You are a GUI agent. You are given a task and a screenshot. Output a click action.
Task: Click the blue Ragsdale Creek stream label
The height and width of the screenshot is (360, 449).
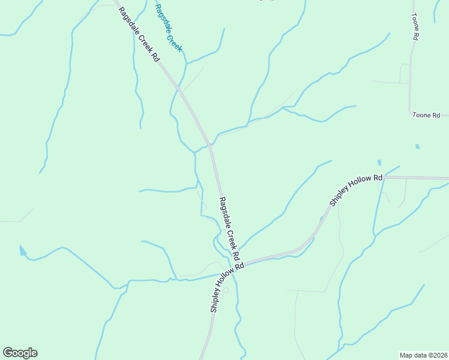[x=168, y=28]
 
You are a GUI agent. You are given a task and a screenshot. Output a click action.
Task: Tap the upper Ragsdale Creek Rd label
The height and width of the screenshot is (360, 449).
[x=139, y=34]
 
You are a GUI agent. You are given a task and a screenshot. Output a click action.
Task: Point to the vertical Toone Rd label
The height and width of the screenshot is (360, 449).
[x=415, y=26]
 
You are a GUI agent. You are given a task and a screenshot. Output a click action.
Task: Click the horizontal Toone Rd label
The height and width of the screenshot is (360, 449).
[x=427, y=115]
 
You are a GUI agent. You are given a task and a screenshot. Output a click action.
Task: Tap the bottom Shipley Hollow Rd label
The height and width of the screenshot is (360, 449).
[x=227, y=287]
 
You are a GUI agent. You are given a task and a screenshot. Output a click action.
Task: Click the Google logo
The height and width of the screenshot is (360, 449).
[x=20, y=353]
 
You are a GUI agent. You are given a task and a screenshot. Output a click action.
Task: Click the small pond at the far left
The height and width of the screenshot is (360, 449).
[x=22, y=250]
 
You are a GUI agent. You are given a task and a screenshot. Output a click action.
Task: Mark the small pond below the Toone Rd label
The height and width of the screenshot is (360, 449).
[x=417, y=146]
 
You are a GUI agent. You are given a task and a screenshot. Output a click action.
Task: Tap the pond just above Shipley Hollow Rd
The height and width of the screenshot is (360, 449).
[x=379, y=162]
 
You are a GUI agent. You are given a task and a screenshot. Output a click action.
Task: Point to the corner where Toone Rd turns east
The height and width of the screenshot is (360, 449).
[x=410, y=111]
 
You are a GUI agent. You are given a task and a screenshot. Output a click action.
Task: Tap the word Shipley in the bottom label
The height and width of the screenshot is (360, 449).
[x=215, y=298]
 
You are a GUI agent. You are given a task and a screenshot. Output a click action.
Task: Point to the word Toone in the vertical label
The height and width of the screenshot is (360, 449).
[x=414, y=22]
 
